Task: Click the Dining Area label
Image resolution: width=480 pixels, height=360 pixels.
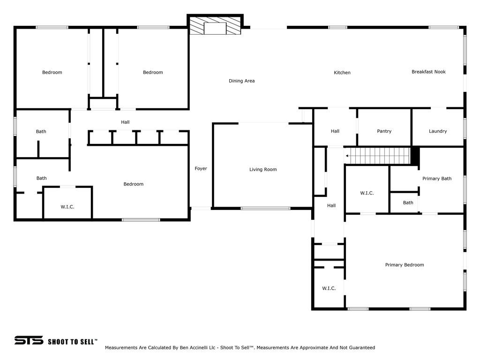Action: (241, 81)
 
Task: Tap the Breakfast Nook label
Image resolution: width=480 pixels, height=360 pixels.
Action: (428, 72)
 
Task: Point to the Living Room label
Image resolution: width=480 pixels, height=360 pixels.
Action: (263, 169)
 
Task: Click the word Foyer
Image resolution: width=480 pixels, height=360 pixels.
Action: (201, 168)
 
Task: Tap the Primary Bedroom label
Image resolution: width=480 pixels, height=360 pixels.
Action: (405, 265)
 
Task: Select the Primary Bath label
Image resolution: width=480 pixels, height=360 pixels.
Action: (437, 179)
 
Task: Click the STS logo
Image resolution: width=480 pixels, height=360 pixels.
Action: (29, 340)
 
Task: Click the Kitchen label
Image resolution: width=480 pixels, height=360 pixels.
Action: (342, 73)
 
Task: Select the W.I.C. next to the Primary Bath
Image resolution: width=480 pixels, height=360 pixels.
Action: (367, 193)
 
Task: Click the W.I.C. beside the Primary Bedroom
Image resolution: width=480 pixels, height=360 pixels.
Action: (329, 288)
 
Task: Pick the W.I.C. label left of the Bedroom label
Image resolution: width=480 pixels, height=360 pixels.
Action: (67, 207)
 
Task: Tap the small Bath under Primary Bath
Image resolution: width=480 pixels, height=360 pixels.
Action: (408, 202)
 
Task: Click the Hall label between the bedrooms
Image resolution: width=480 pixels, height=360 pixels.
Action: (125, 122)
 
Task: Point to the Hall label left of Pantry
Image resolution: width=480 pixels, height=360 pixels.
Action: (335, 131)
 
